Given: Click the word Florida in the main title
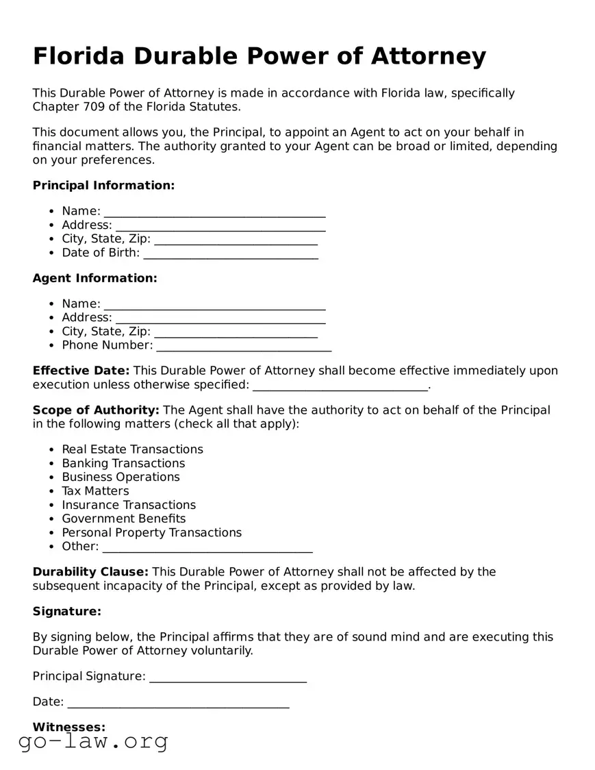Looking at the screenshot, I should pyautogui.click(x=78, y=56).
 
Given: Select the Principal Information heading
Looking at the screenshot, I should pyautogui.click(x=103, y=186).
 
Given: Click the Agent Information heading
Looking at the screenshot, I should pyautogui.click(x=94, y=278).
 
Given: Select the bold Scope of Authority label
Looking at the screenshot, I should pyautogui.click(x=96, y=410).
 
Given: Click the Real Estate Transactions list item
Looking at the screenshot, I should pyautogui.click(x=132, y=449).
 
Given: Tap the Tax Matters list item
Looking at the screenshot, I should pyautogui.click(x=95, y=491).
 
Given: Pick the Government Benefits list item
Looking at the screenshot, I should pyautogui.click(x=124, y=519).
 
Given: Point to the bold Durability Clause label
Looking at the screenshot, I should pyautogui.click(x=90, y=572).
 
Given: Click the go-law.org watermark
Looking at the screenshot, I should pyautogui.click(x=93, y=741).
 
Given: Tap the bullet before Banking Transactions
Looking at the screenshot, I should pyautogui.click(x=53, y=464).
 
